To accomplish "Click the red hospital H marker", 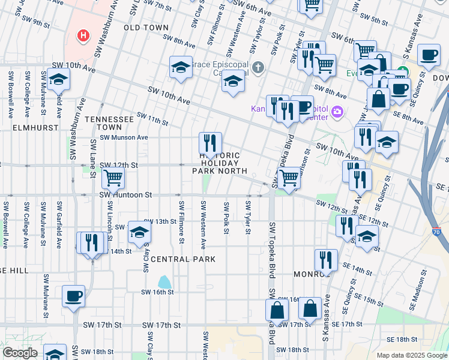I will pos(83,36).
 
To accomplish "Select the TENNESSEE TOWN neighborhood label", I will pos(109,123).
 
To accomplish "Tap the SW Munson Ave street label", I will pos(124,137).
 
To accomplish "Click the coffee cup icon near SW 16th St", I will pos(73,296).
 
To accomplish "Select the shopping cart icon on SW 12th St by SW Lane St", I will pos(113,178).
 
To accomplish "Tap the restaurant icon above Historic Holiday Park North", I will pos(210,143).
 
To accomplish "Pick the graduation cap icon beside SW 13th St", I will pos(139,232).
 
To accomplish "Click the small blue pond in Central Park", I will pos(164,281).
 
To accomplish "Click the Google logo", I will pos(19,353).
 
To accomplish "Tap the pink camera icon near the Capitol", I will pos(337,112).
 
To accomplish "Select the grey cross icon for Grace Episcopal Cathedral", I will pos(258,67).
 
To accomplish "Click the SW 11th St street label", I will pos(152,119).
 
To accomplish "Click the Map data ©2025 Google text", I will pos(411,355).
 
